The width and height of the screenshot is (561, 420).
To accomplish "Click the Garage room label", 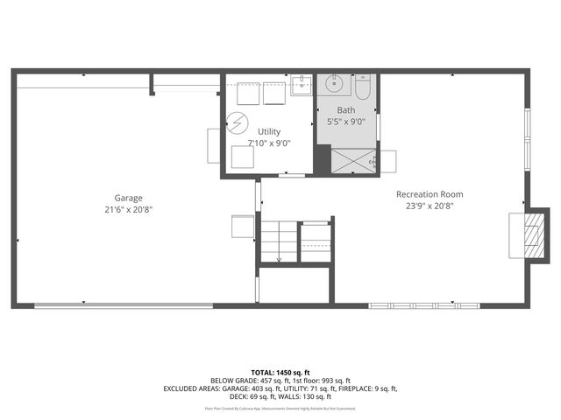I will click(128, 198).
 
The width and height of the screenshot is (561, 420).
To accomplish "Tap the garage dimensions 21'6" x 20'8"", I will click(128, 210).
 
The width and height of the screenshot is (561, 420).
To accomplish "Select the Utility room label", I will click(269, 131).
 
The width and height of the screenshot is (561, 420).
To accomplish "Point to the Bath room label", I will click(345, 110).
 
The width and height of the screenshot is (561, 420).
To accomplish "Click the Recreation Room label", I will click(430, 194).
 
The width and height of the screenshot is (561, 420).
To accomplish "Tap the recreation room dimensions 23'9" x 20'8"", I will click(430, 206).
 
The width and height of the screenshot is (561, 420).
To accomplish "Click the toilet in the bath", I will click(364, 88).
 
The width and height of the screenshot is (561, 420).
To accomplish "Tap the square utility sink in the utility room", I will click(301, 85).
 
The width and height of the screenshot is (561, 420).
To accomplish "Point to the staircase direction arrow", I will click(279, 257).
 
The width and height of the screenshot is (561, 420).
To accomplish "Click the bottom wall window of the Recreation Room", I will click(424, 305).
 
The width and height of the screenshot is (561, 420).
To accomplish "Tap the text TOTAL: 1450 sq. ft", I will click(280, 372).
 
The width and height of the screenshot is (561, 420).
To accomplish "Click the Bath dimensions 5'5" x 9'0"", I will click(345, 122).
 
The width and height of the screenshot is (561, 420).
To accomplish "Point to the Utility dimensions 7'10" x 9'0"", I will click(269, 143).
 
